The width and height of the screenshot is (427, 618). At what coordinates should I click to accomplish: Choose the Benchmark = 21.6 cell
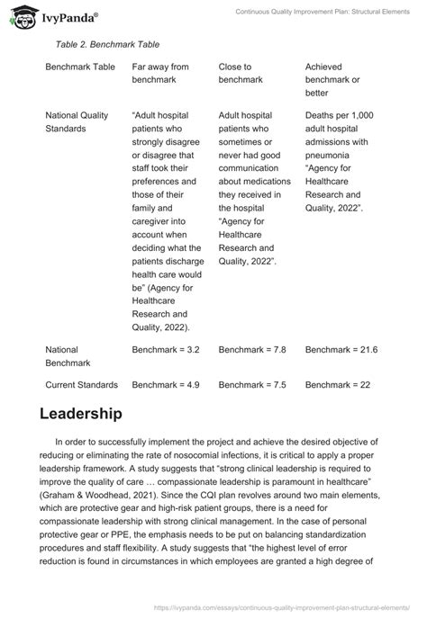coord(341,349)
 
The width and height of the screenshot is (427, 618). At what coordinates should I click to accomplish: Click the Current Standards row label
coord(82,385)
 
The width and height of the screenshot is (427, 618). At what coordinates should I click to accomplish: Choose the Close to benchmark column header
coord(241,73)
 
